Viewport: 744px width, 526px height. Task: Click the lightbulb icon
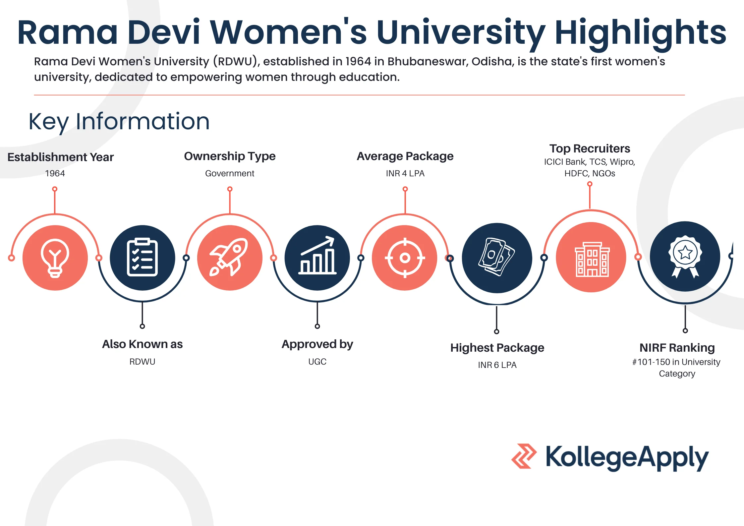click(x=55, y=258)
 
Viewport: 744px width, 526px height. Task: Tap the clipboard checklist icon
click(x=142, y=257)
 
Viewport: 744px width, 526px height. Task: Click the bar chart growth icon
click(x=317, y=255)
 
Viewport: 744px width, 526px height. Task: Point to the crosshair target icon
click(x=405, y=258)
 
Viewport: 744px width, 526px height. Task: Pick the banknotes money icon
click(x=496, y=257)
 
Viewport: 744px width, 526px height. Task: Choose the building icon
click(x=592, y=259)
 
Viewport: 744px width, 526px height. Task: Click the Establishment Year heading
click(x=61, y=157)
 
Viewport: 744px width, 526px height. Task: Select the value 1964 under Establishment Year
click(x=55, y=173)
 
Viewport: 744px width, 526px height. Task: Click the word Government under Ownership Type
click(x=230, y=173)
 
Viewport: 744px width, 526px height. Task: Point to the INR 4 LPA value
click(x=405, y=173)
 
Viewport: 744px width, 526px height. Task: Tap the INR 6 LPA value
click(x=497, y=365)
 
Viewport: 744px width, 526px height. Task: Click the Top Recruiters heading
click(x=590, y=148)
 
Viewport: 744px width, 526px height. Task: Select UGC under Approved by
click(x=317, y=362)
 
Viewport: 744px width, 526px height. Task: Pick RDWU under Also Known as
click(x=142, y=362)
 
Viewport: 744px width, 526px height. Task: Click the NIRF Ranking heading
click(x=677, y=348)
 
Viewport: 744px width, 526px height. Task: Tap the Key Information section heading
click(x=119, y=122)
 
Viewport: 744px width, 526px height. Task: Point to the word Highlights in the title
click(x=640, y=32)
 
